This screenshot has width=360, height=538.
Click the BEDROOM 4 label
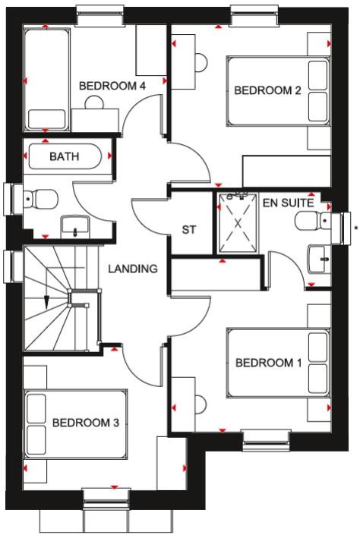pyautogui.click(x=112, y=86)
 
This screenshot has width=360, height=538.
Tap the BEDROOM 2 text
pyautogui.click(x=267, y=90)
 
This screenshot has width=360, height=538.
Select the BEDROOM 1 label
pyautogui.click(x=269, y=363)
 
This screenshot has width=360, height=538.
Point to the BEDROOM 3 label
pyautogui.click(x=86, y=423)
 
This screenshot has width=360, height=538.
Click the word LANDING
pyautogui.click(x=133, y=269)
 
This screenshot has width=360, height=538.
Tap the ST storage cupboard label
pyautogui.click(x=189, y=230)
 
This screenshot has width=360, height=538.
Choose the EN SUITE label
pyautogui.click(x=289, y=203)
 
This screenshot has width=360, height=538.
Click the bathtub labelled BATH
pyautogui.click(x=65, y=156)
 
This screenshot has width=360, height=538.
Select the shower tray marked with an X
pyautogui.click(x=238, y=223)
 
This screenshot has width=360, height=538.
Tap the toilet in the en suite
pyautogui.click(x=313, y=220)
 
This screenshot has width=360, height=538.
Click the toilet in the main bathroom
pyautogui.click(x=40, y=199)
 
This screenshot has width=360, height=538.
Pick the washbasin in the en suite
pyautogui.click(x=319, y=259)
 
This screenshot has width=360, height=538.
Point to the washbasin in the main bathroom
pyautogui.click(x=75, y=227)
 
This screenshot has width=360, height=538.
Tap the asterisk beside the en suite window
pyautogui.click(x=356, y=228)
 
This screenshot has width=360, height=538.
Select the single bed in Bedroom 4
pyautogui.click(x=47, y=80)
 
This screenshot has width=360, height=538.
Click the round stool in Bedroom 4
pyautogui.click(x=94, y=102)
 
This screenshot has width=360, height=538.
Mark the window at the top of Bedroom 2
pyautogui.click(x=254, y=15)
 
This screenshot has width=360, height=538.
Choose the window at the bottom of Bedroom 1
pyautogui.click(x=267, y=440)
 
